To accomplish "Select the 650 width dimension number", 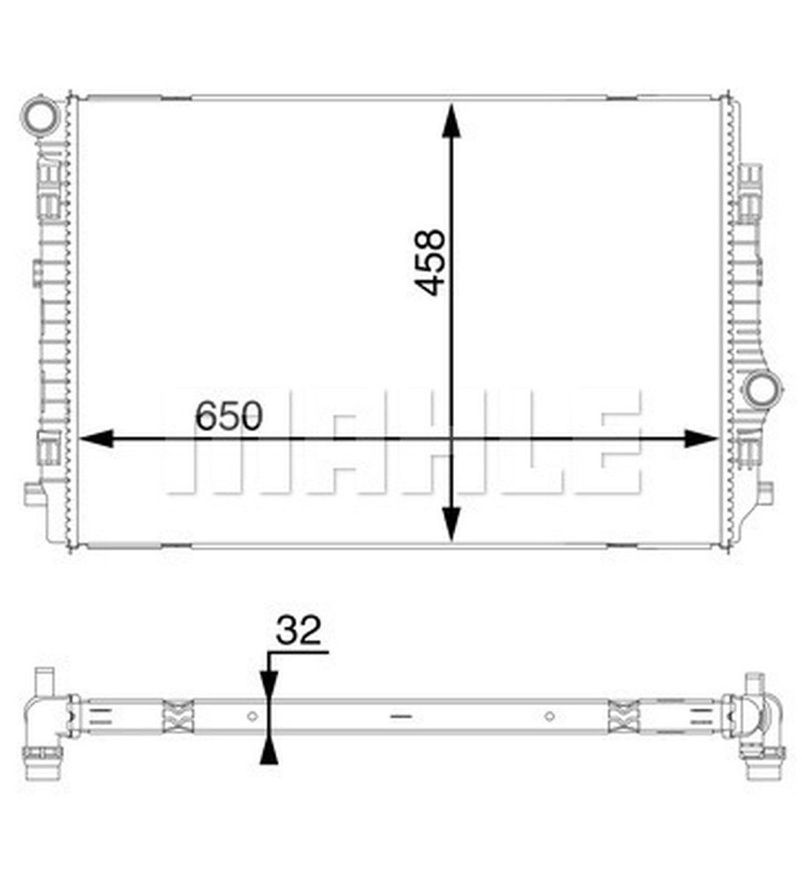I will pyautogui.click(x=228, y=416).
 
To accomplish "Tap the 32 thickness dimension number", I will pyautogui.click(x=298, y=631).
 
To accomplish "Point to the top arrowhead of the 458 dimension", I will pyautogui.click(x=451, y=121).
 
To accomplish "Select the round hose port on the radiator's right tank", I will pyautogui.click(x=761, y=388).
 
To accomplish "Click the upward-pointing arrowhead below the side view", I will pyautogui.click(x=268, y=751).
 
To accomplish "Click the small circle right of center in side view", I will pyautogui.click(x=549, y=715).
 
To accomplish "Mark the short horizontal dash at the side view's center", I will pyautogui.click(x=400, y=716).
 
